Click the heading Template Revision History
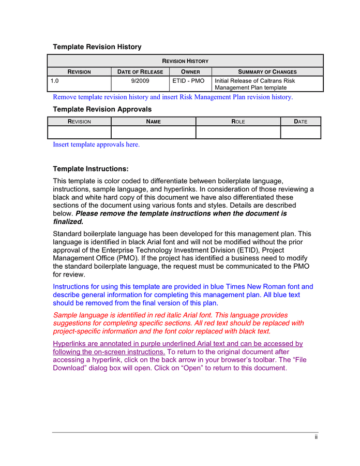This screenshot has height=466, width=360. coord(97,47)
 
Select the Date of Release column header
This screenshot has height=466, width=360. coord(140,71)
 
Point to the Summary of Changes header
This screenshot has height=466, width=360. coord(267,71)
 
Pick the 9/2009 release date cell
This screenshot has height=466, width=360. coord(140,81)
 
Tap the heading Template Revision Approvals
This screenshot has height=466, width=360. coord(102,109)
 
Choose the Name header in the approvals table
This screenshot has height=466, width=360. coord(153,121)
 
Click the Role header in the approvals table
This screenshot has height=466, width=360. coord(238,121)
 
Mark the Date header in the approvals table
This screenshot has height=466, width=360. coord(301,121)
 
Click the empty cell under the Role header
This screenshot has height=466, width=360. coord(238,133)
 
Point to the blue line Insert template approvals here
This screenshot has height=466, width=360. coord(96,144)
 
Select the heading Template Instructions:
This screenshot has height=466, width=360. coord(91,169)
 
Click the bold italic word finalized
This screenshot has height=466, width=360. coord(68,222)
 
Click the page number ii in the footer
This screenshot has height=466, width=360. coord(316,438)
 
